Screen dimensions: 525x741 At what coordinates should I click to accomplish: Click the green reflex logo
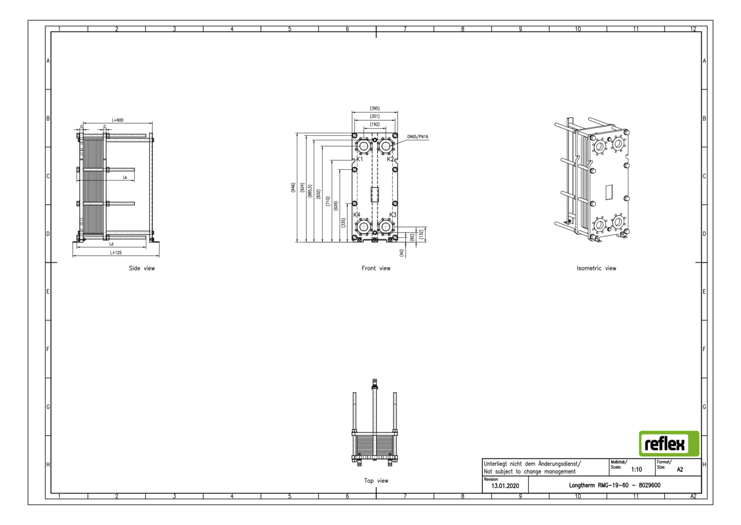point(669,444)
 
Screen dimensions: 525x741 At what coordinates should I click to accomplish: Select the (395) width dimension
point(375,108)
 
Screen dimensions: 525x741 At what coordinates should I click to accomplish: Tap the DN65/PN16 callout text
point(418,137)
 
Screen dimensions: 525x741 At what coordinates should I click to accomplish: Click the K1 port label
point(359,159)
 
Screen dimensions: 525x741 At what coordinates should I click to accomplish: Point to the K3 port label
point(393,215)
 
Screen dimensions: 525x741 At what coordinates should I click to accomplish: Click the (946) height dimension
point(293,188)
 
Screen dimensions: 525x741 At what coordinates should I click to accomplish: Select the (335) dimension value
point(343,223)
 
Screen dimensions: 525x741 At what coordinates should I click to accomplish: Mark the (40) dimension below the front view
point(401,253)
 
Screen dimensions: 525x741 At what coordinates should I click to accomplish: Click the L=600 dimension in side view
point(117,120)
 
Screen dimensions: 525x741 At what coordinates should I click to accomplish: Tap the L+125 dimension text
point(116,253)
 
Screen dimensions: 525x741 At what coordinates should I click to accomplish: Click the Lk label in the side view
point(125,178)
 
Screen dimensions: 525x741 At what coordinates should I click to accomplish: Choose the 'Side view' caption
point(142,268)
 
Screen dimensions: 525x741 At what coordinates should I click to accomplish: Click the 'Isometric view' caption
point(596,268)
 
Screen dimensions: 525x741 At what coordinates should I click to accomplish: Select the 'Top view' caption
point(376,481)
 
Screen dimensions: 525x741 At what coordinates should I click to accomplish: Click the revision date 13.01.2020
point(505,486)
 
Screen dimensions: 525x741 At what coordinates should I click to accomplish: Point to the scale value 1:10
point(636,470)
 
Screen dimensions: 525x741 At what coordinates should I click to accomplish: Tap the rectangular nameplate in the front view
point(375,194)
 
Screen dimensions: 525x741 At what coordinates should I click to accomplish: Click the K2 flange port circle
point(385,146)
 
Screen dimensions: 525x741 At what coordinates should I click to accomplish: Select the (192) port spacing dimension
point(375,124)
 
